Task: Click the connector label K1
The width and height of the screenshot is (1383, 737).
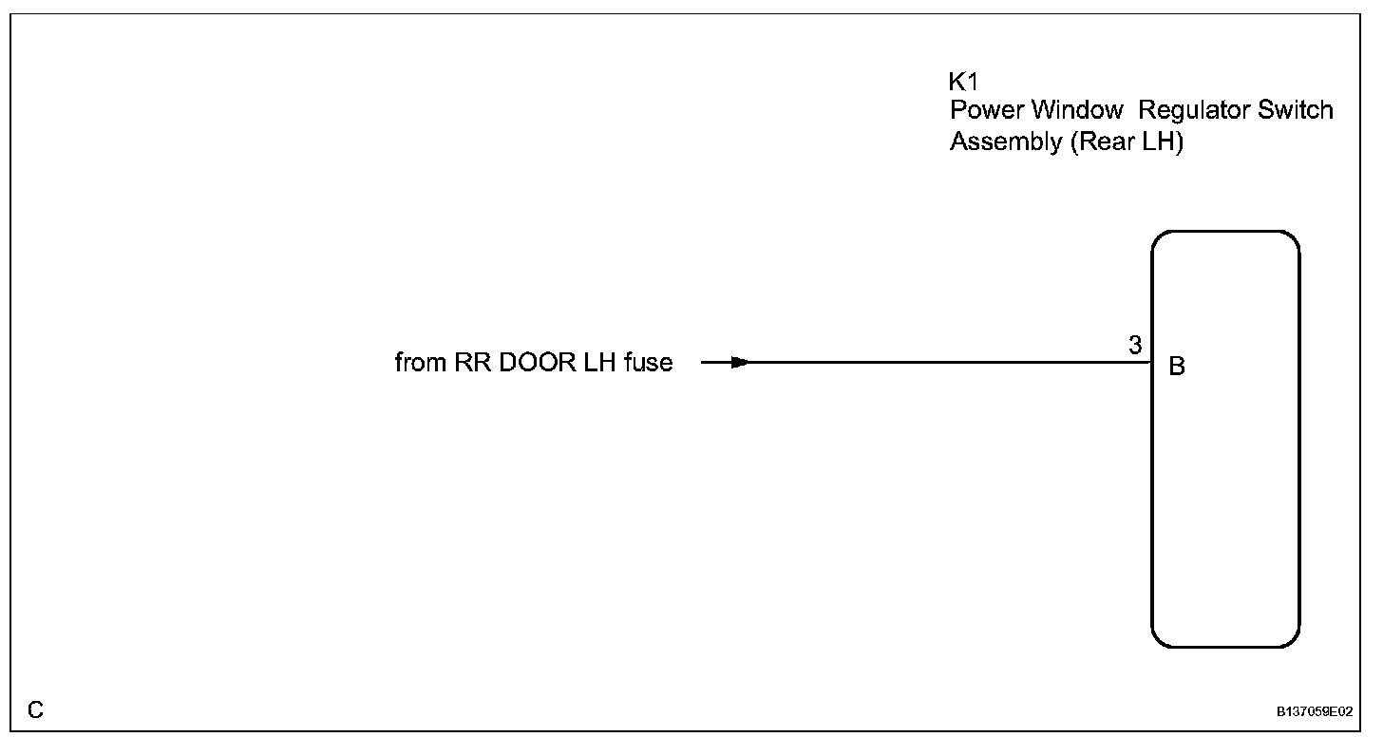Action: pos(963,82)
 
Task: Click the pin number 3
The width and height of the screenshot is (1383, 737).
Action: pos(1135,346)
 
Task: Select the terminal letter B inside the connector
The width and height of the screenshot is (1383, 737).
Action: pos(1177,367)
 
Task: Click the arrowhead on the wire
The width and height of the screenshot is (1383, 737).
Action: pos(741,362)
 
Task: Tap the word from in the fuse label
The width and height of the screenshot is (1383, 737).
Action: pos(415,363)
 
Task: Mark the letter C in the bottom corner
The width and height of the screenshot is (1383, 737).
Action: pos(35,709)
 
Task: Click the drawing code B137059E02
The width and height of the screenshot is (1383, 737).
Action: pos(1315,710)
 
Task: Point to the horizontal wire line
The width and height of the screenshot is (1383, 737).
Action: pos(950,362)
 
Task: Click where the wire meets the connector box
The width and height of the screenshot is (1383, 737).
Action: pos(1152,362)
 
